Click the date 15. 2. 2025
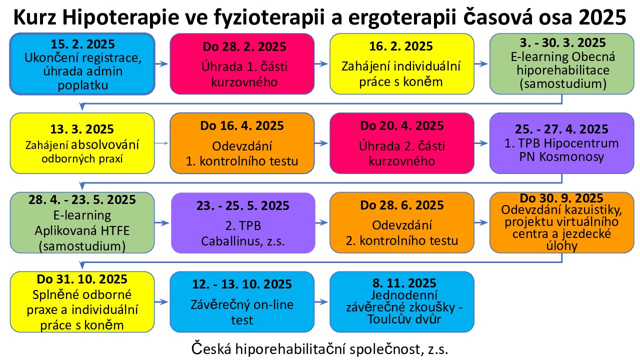pos(82,44)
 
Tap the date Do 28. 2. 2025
pos(244,47)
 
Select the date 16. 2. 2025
pos(401,46)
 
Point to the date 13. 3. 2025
pos(82,129)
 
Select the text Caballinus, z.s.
pos(243,241)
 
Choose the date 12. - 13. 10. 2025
pos(242,284)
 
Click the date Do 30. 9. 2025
pos(561,198)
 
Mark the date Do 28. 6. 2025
pos(401,205)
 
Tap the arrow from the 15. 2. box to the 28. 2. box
pos(161,63)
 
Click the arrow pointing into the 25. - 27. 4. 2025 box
pos(481,143)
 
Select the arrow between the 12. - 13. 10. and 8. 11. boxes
pos(321,301)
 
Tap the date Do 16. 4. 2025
pos(242,125)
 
